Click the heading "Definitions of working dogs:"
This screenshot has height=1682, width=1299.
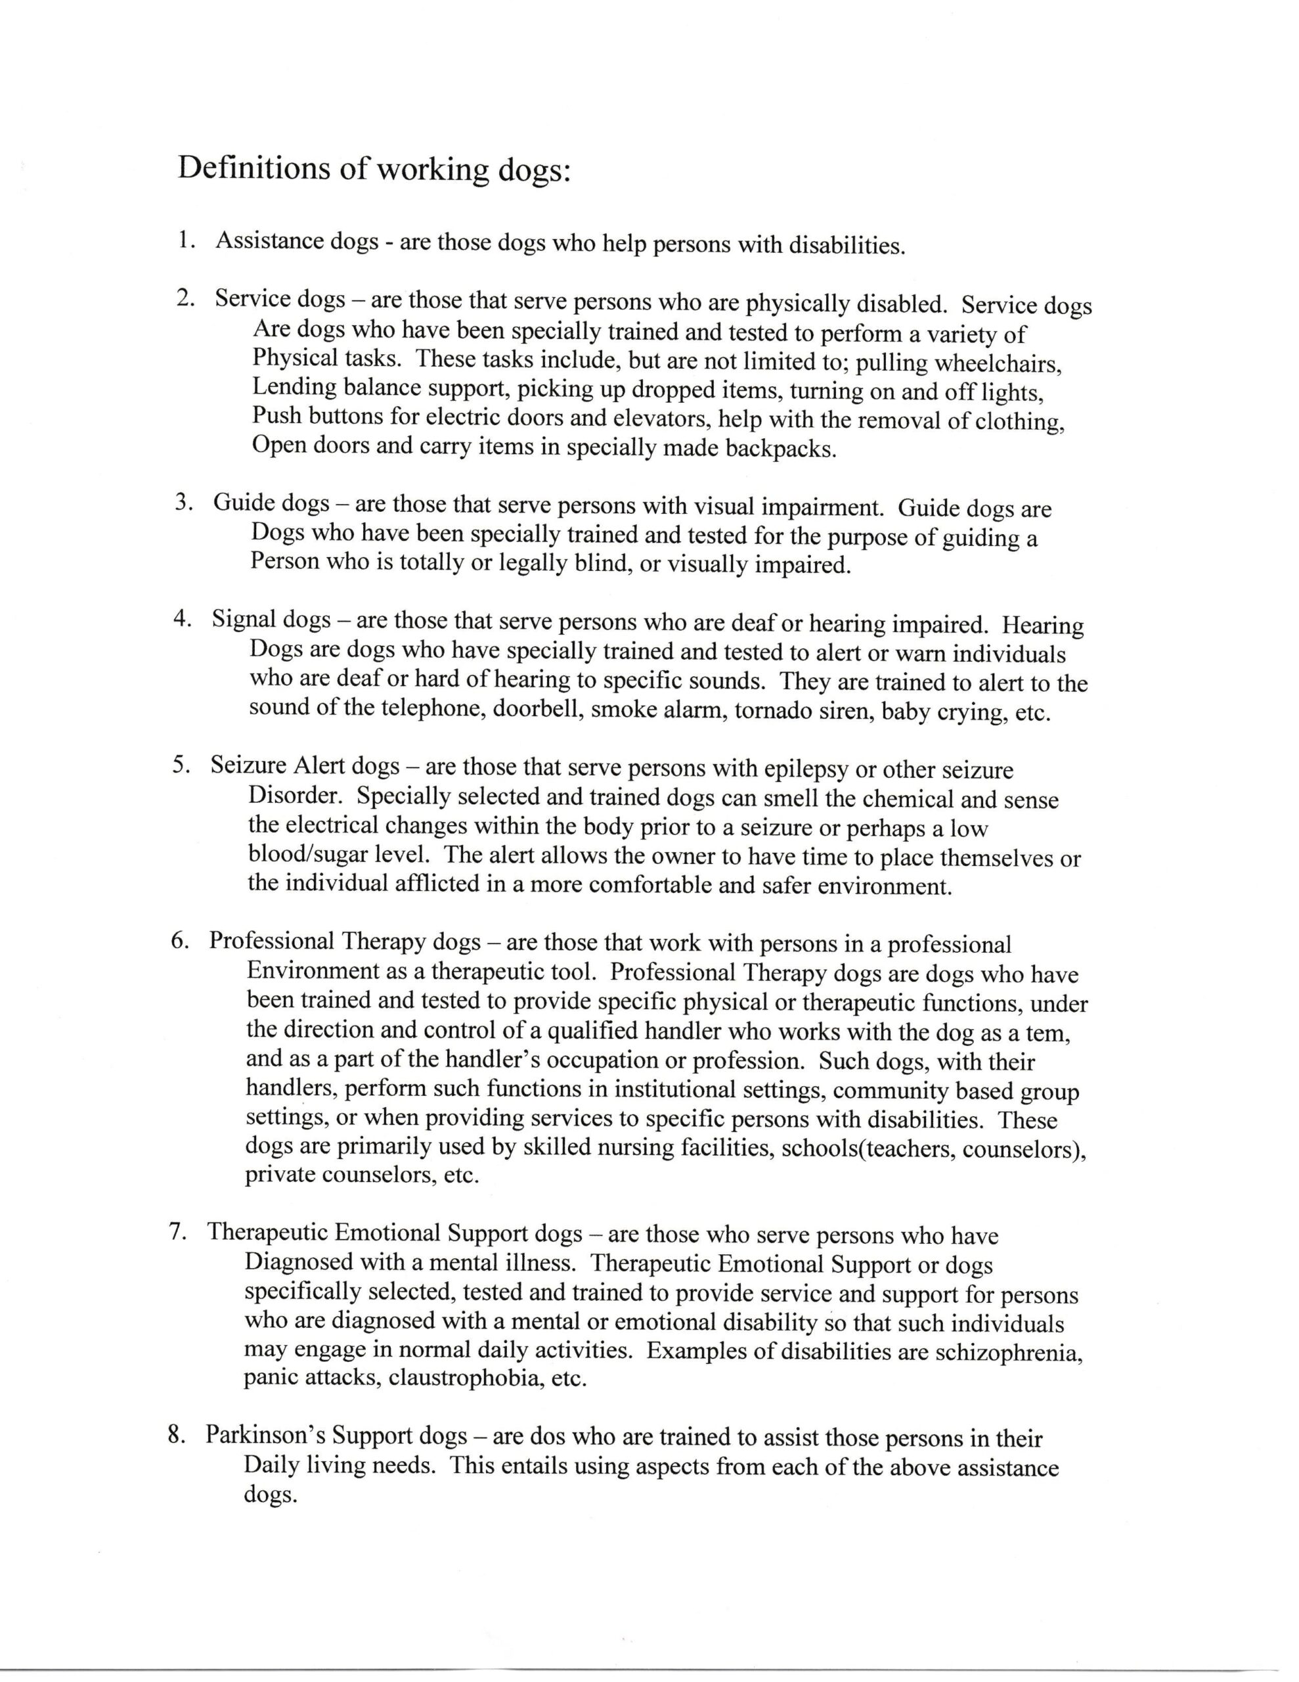374,169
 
